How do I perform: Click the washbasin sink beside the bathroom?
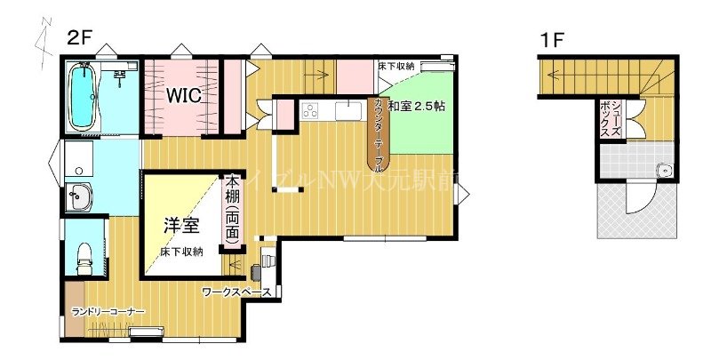point(78,196)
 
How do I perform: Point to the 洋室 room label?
point(180,226)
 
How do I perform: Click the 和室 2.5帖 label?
point(417,105)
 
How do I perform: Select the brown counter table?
point(379,133)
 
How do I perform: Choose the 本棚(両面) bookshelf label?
point(231,209)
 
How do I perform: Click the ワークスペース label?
point(236,292)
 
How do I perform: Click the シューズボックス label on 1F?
point(611,116)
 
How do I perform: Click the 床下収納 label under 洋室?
point(181,252)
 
